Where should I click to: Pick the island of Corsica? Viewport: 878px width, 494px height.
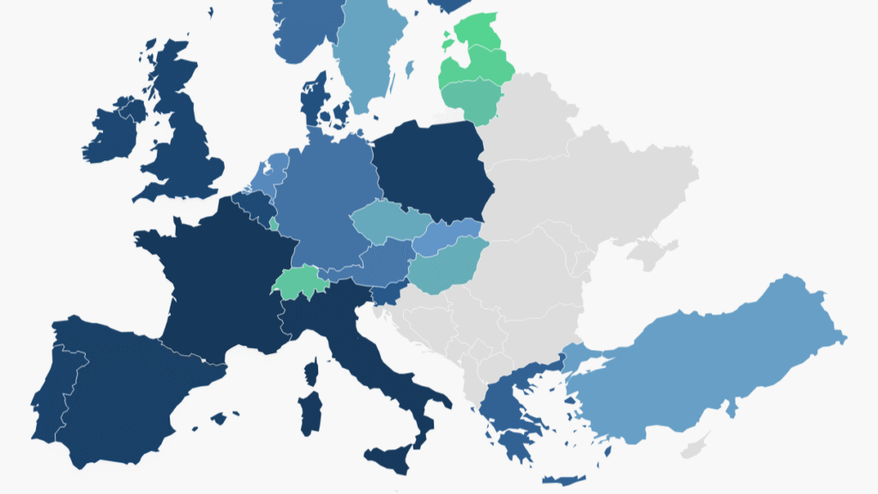tap(311, 372)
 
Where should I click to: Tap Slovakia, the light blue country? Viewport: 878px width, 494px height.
tap(446, 237)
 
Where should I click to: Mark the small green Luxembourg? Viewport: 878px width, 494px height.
tap(274, 225)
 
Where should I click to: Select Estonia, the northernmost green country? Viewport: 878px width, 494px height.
tap(480, 26)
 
